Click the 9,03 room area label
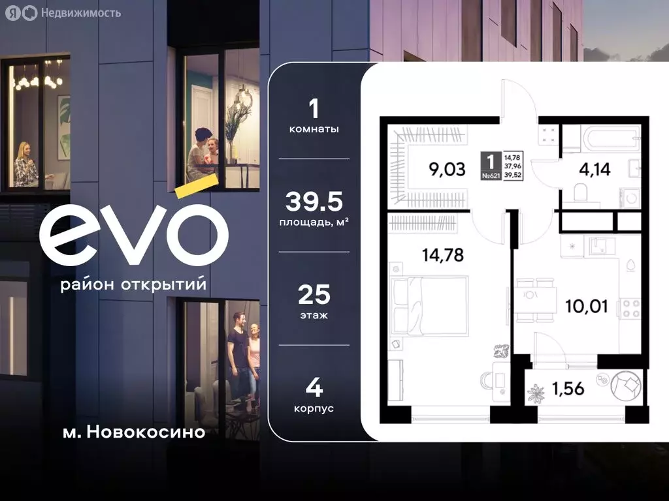click(447, 170)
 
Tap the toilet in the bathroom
click(579, 192)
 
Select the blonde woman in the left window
click(26, 166)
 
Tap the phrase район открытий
click(133, 285)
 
